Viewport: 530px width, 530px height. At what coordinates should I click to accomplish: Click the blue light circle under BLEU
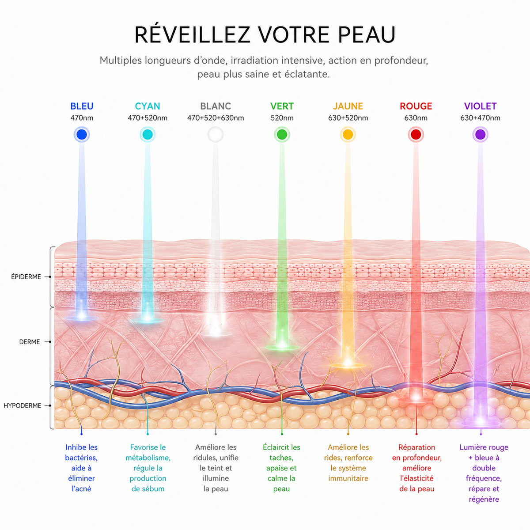(82, 135)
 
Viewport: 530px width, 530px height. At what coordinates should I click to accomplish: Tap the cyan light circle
(148, 135)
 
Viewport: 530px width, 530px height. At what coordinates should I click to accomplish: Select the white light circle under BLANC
(216, 135)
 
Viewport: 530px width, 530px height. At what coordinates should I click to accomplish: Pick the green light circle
(282, 135)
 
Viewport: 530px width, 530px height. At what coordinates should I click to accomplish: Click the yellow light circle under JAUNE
(348, 135)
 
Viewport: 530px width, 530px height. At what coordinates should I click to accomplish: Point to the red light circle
(416, 135)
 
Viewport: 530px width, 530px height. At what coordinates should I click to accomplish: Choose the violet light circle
(481, 135)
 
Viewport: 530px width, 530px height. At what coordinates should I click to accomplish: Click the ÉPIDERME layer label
(26, 276)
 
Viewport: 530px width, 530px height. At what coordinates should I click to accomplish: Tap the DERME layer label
(30, 342)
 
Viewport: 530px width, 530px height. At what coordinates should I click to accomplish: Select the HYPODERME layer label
(22, 406)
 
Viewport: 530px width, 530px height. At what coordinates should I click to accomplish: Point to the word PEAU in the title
(367, 34)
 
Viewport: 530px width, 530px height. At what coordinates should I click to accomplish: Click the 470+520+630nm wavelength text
(216, 118)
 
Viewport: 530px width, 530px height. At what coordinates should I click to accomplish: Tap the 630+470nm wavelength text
(481, 118)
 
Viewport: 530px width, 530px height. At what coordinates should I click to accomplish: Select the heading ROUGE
(416, 106)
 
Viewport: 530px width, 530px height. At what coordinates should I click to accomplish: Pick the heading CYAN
(148, 106)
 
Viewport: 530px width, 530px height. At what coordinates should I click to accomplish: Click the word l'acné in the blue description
(81, 489)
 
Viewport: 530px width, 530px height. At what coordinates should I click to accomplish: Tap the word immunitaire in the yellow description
(348, 478)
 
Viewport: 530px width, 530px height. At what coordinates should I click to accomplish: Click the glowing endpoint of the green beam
(282, 346)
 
